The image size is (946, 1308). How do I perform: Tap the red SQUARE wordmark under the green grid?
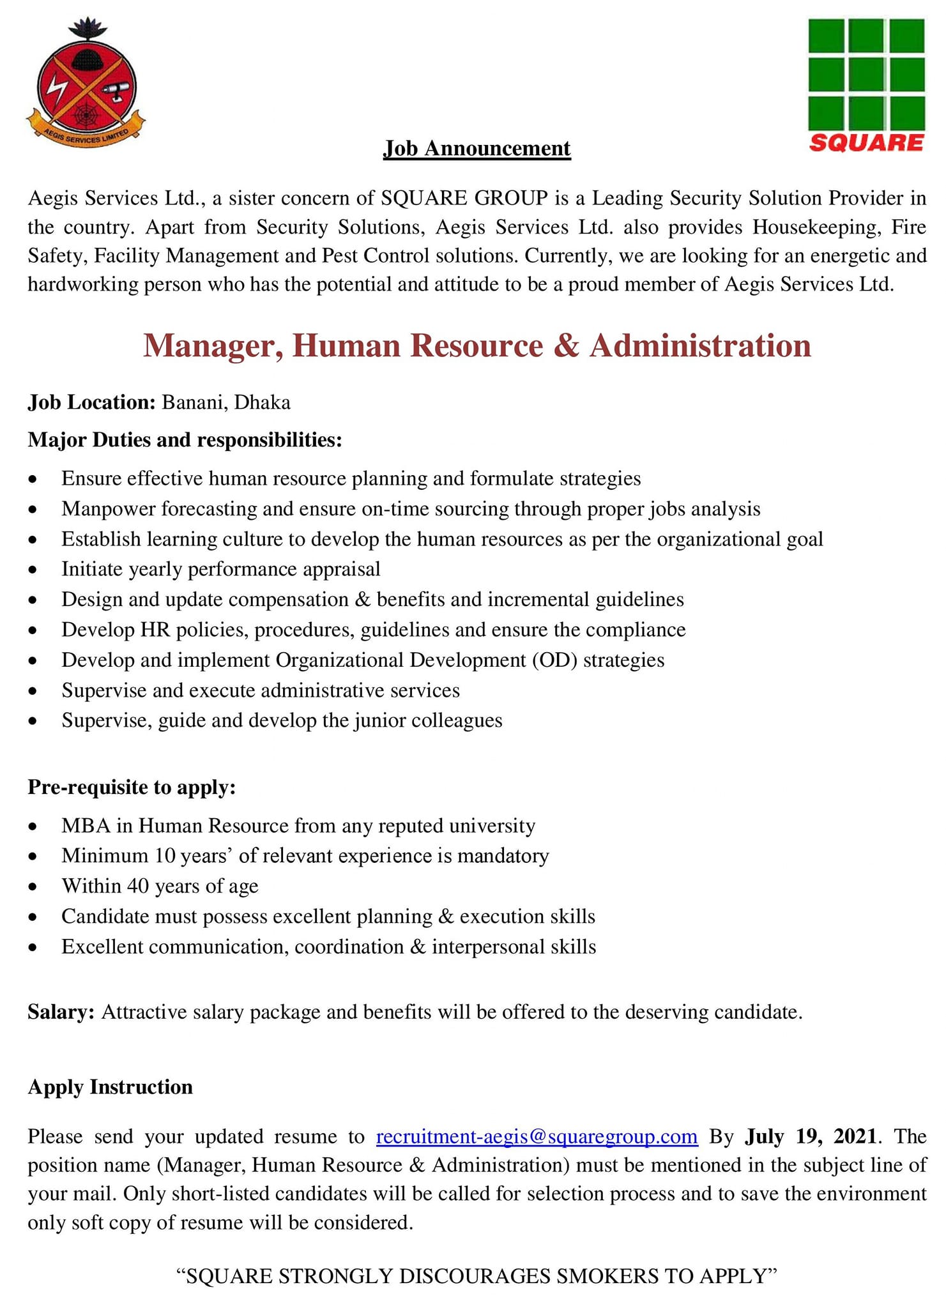pos(866,142)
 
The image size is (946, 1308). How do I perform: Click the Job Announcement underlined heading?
pos(477,149)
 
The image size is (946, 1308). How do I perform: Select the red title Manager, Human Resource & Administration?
pos(477,346)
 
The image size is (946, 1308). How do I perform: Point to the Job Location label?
pos(91,402)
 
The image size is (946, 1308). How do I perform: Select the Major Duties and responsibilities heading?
pos(185,440)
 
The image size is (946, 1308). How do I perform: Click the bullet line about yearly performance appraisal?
pos(220,569)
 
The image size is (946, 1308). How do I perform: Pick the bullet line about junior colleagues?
pos(282,720)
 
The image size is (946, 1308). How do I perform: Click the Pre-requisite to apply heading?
pos(132,787)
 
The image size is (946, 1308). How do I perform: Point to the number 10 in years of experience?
pos(165,856)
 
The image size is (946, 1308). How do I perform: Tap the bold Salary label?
pos(61,1012)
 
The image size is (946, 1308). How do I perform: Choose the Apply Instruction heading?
pos(110,1087)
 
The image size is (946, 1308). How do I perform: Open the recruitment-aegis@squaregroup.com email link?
pos(537,1137)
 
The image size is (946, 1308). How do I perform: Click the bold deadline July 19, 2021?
pos(811,1137)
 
